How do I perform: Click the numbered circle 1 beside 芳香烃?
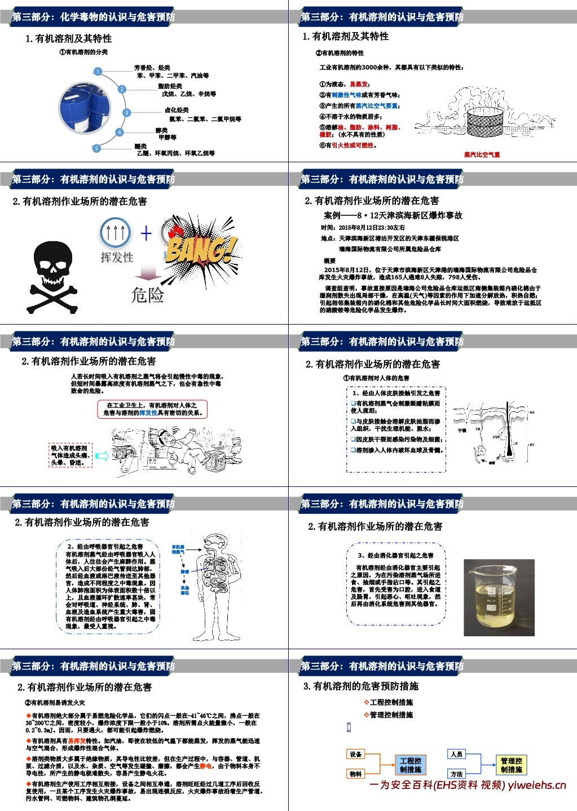(98, 72)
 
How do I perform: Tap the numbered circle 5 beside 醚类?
(96, 148)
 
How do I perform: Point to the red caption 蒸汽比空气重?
(482, 154)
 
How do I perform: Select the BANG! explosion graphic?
(199, 249)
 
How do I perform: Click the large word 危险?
(147, 295)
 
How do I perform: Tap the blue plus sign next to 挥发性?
(146, 233)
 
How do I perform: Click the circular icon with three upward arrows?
(116, 232)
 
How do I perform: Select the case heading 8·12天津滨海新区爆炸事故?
(393, 215)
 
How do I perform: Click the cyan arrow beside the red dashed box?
(102, 456)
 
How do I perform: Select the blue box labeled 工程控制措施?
(410, 765)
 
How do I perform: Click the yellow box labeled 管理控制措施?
(511, 765)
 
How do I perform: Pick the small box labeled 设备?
(355, 754)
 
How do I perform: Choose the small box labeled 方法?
(456, 774)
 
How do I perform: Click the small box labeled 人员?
(456, 754)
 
